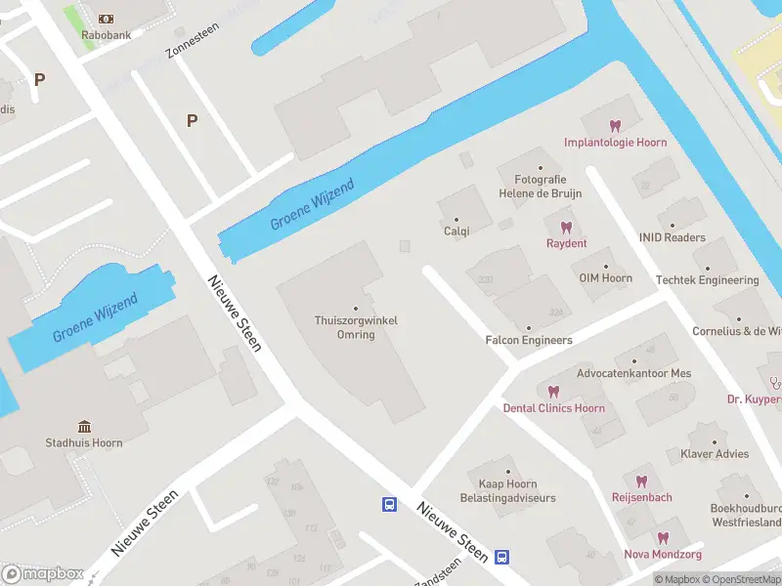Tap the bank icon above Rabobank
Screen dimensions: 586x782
coord(105,20)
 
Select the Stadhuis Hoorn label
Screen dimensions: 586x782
coord(85,442)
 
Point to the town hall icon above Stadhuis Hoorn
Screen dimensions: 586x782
coord(85,426)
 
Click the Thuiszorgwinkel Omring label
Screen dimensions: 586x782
coord(356,327)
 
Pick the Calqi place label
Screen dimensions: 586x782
coord(456,231)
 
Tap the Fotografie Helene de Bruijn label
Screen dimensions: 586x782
coord(541,186)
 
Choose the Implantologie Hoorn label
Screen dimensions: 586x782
coord(615,142)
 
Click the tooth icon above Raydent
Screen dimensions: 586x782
coord(567,227)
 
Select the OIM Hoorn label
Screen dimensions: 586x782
coord(605,277)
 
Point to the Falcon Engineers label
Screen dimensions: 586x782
coord(529,340)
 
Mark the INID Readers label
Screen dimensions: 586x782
coord(672,237)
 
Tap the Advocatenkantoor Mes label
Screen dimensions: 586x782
coord(633,373)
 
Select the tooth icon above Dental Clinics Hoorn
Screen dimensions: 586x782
coord(554,392)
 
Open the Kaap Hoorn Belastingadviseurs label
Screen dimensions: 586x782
coord(507,490)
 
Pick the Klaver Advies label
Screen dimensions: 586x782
coord(715,453)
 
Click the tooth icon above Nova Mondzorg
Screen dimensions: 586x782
coord(663,538)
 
